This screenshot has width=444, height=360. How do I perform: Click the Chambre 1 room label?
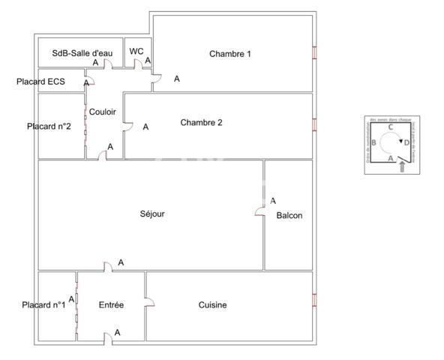tap(230, 53)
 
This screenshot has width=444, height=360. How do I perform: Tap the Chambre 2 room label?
tap(201, 122)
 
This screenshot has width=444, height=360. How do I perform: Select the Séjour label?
tap(152, 214)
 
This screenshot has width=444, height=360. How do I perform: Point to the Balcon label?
tap(289, 215)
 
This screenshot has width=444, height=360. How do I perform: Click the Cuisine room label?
tap(212, 304)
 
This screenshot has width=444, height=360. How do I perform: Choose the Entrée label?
tap(111, 304)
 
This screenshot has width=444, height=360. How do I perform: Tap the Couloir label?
tap(102, 112)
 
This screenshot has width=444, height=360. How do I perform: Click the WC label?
tap(136, 51)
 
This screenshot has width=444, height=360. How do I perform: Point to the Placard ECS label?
tap(40, 81)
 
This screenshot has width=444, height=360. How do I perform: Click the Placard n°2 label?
tap(49, 126)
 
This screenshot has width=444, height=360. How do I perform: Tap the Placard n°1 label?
tap(43, 304)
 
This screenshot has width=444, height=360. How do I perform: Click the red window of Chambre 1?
tap(314, 53)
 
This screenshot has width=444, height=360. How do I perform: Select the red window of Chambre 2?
tap(314, 124)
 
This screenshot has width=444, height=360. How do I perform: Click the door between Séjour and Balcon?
tap(260, 211)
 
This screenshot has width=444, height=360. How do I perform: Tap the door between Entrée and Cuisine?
tap(148, 303)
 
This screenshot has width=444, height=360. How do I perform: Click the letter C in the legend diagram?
tap(391, 127)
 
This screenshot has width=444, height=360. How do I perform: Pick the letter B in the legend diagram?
tap(373, 142)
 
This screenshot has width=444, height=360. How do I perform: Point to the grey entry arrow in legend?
tap(403, 167)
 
